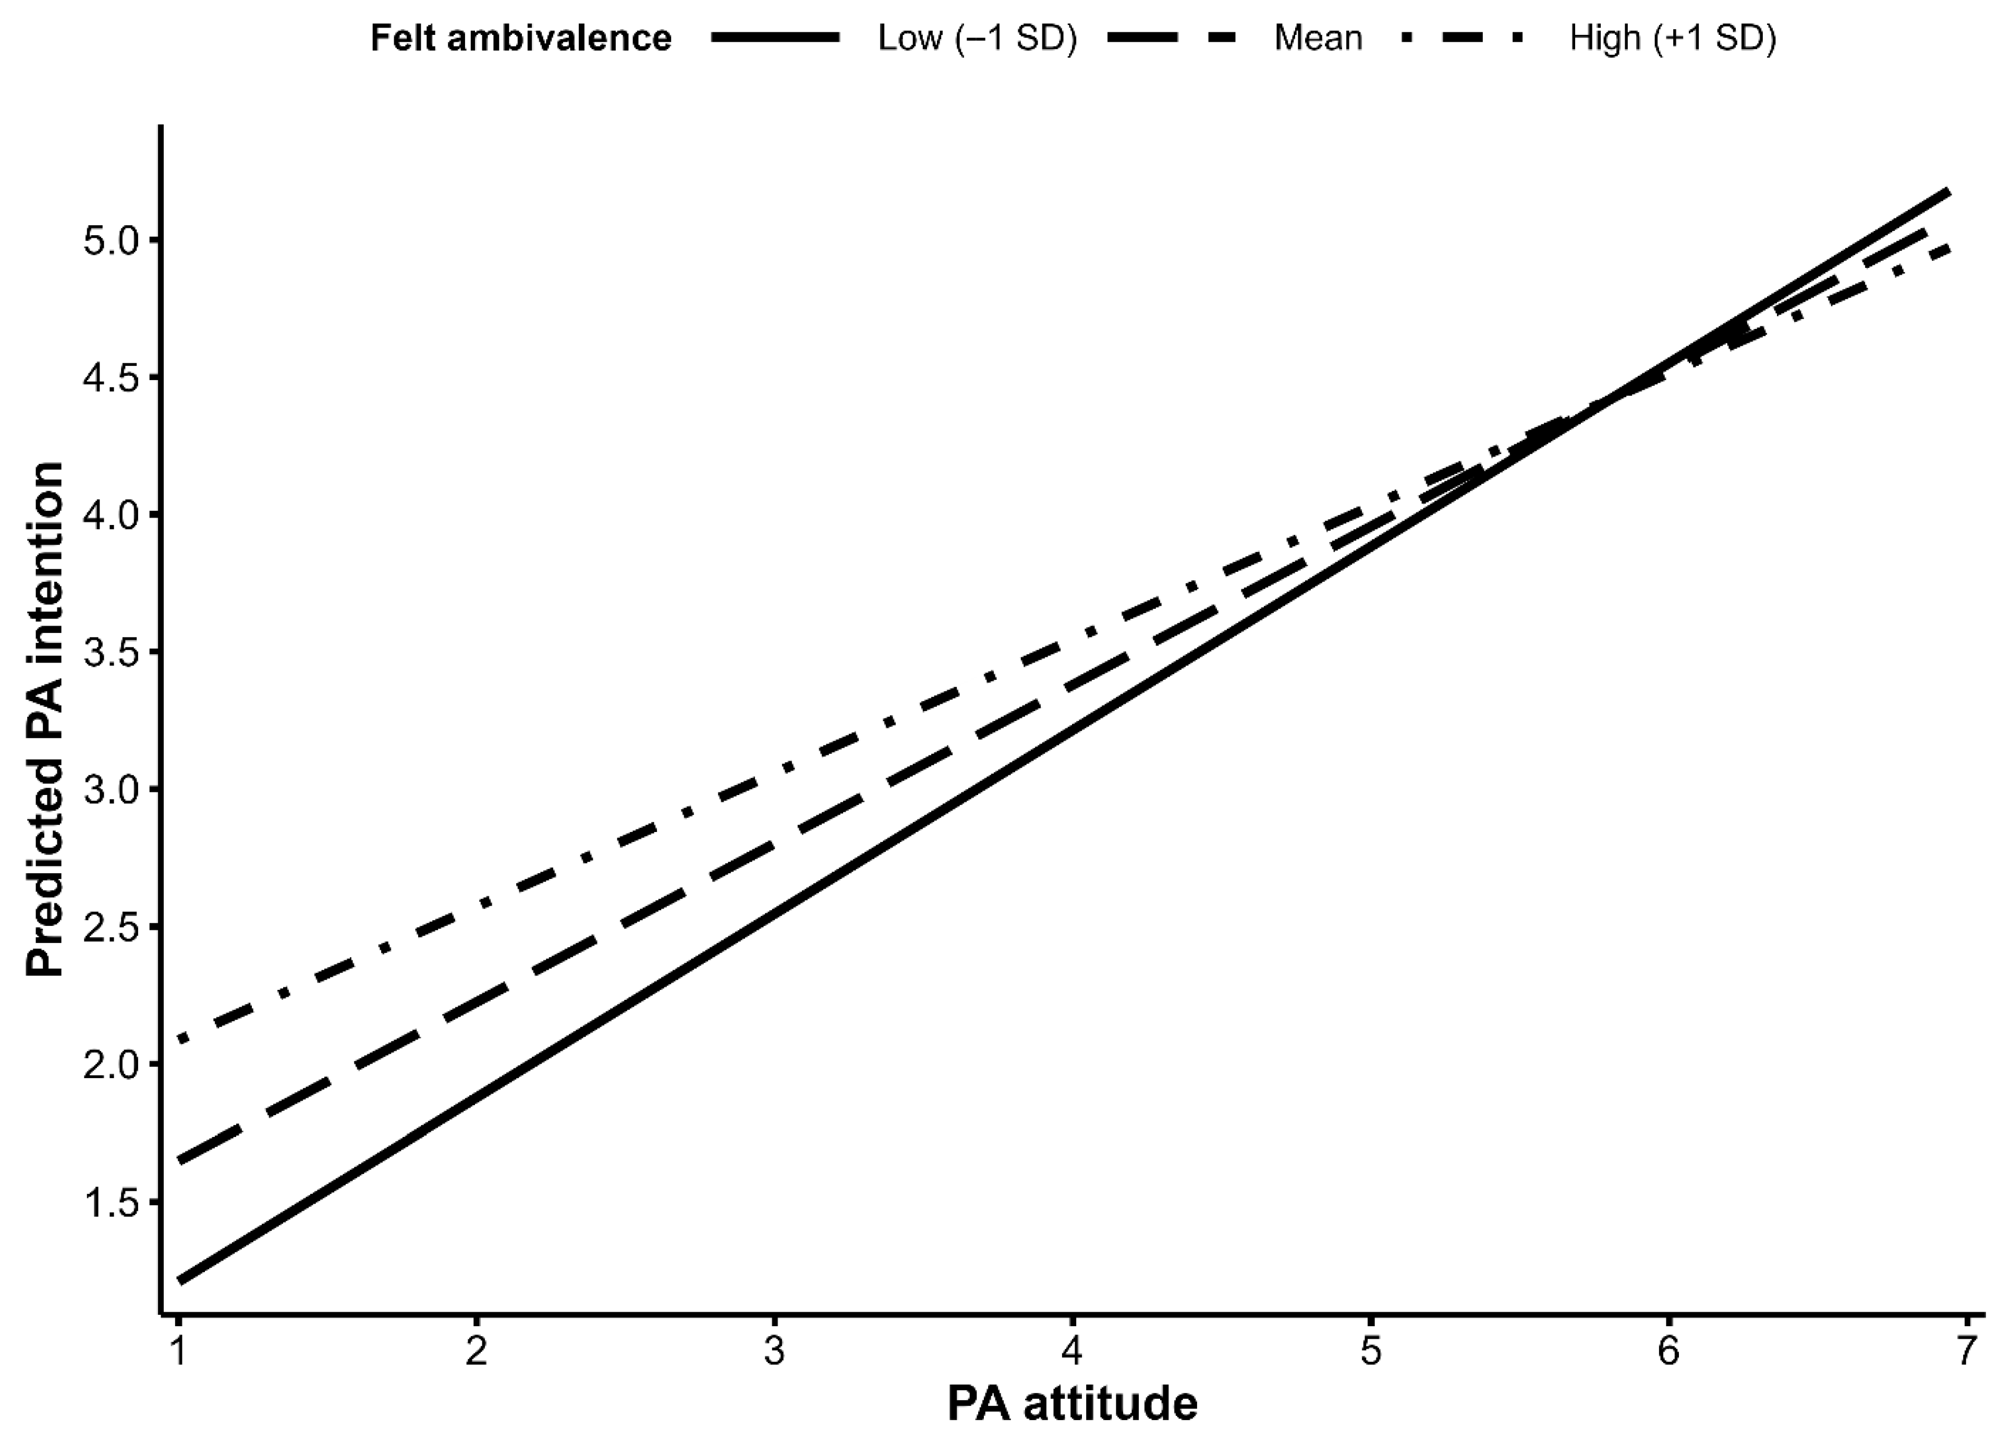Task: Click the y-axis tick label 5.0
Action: coord(112,240)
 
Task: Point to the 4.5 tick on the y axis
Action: coord(112,377)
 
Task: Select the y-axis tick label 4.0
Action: coord(112,515)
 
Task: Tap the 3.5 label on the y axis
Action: coord(112,652)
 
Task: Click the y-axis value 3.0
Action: coord(112,790)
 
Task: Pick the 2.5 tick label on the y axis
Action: coord(112,927)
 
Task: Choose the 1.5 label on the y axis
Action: coord(112,1202)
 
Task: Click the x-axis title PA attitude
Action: coord(1073,1404)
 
